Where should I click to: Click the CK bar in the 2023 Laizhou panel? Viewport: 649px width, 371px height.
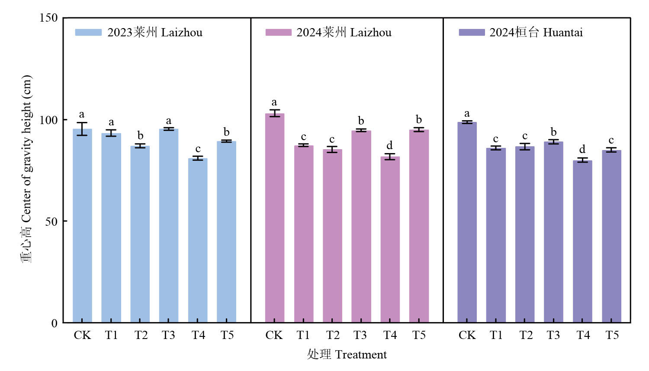pyautogui.click(x=82, y=225)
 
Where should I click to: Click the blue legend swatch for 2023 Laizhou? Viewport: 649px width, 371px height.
pyautogui.click(x=88, y=32)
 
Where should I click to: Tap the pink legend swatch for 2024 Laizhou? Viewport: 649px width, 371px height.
pyautogui.click(x=278, y=32)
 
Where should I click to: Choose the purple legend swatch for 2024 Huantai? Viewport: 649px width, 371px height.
pyautogui.click(x=472, y=32)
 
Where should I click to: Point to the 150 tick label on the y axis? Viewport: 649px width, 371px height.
pyautogui.click(x=48, y=18)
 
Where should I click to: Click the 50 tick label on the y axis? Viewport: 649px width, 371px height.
pyautogui.click(x=51, y=221)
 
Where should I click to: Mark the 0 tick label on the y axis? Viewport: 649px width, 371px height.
pyautogui.click(x=55, y=323)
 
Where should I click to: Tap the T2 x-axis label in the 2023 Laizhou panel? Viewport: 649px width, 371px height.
pyautogui.click(x=141, y=335)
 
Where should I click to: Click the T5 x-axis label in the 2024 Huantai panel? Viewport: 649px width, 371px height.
pyautogui.click(x=612, y=335)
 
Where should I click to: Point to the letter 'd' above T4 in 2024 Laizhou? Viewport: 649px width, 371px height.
pyautogui.click(x=389, y=145)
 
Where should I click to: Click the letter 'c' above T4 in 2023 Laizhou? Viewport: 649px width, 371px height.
pyautogui.click(x=198, y=149)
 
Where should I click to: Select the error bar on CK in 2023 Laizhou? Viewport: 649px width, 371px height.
pyautogui.click(x=82, y=129)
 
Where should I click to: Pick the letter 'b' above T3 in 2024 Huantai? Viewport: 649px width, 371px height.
pyautogui.click(x=553, y=132)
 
